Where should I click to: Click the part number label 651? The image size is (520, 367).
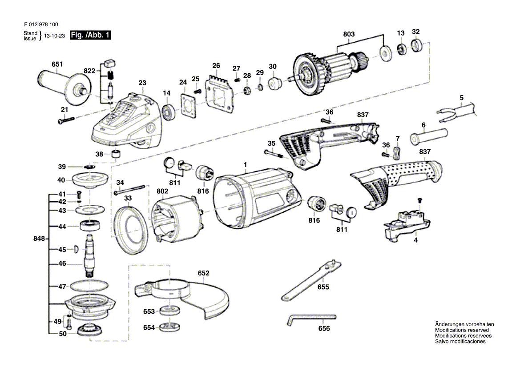57,64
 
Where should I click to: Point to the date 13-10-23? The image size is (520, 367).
54,36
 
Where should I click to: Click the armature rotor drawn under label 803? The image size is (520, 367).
329,73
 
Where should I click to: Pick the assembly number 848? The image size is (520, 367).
40,239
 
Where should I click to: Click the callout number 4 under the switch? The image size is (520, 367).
415,240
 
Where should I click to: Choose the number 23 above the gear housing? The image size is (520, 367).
142,83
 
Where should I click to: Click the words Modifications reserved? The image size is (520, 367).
462,330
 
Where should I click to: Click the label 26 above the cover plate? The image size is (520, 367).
216,66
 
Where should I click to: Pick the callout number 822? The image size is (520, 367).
89,71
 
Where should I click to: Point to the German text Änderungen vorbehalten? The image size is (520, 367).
464,324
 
